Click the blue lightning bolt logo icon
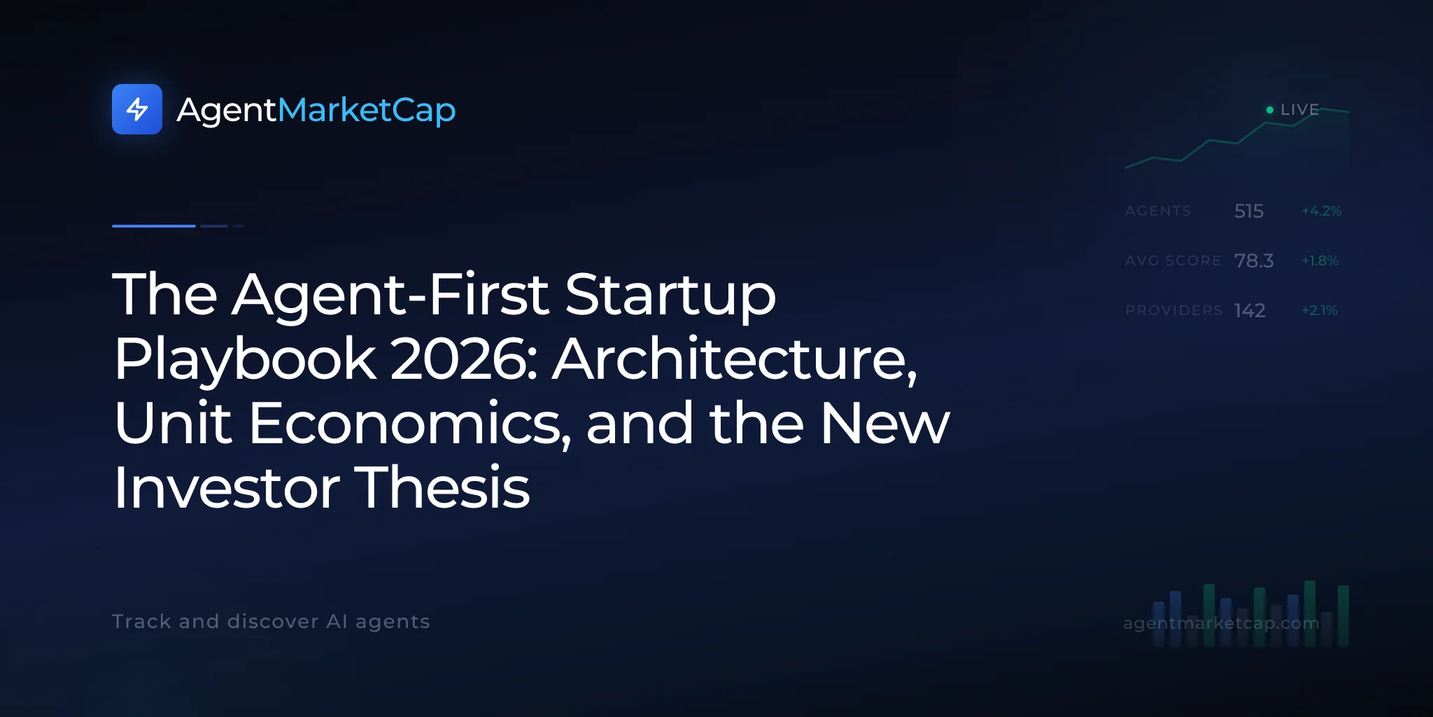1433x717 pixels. (137, 109)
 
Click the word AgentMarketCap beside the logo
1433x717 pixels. (316, 111)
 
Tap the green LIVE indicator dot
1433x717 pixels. (1270, 110)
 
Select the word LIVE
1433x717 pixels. (1299, 110)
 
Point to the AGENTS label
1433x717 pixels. (1158, 211)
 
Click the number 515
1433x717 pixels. (1249, 211)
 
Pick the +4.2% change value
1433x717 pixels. (1322, 211)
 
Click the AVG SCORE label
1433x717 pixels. (1173, 260)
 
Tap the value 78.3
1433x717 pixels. (1254, 260)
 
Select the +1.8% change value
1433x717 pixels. (1320, 260)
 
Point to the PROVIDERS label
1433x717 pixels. (1174, 310)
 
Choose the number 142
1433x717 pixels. (1250, 310)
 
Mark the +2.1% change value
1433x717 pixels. (1320, 310)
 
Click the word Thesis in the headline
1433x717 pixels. (443, 487)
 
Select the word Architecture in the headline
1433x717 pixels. (735, 359)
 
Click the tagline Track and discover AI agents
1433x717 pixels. (271, 622)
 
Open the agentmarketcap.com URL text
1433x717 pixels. (1221, 622)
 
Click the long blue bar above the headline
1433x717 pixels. (154, 226)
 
